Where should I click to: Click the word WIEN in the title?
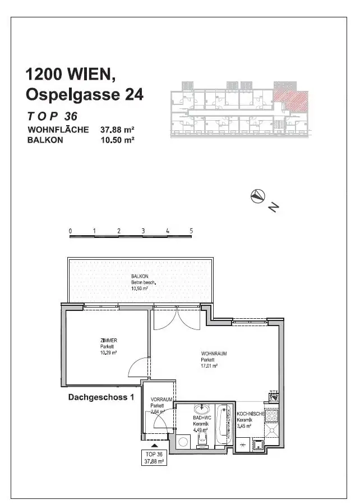(x=94, y=74)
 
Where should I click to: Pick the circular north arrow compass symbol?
(x=257, y=196)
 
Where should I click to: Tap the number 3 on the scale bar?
(x=143, y=231)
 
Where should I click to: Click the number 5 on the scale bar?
(x=191, y=231)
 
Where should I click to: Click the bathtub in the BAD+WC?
(x=223, y=424)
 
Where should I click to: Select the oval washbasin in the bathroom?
(x=201, y=409)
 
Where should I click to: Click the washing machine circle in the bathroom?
(x=183, y=442)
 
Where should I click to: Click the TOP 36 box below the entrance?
(x=154, y=457)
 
